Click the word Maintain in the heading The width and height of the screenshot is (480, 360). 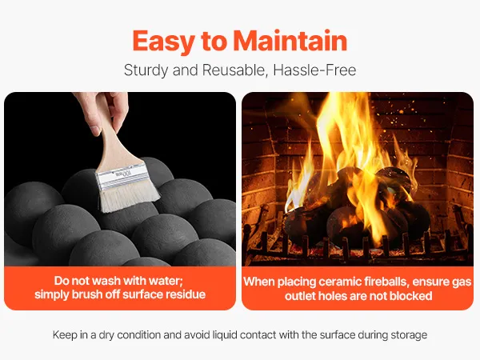290,41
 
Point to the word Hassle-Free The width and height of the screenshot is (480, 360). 314,70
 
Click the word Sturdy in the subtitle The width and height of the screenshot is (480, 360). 146,70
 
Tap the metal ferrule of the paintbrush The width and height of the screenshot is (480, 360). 122,177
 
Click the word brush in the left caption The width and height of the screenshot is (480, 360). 87,294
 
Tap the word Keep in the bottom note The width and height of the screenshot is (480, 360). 65,335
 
